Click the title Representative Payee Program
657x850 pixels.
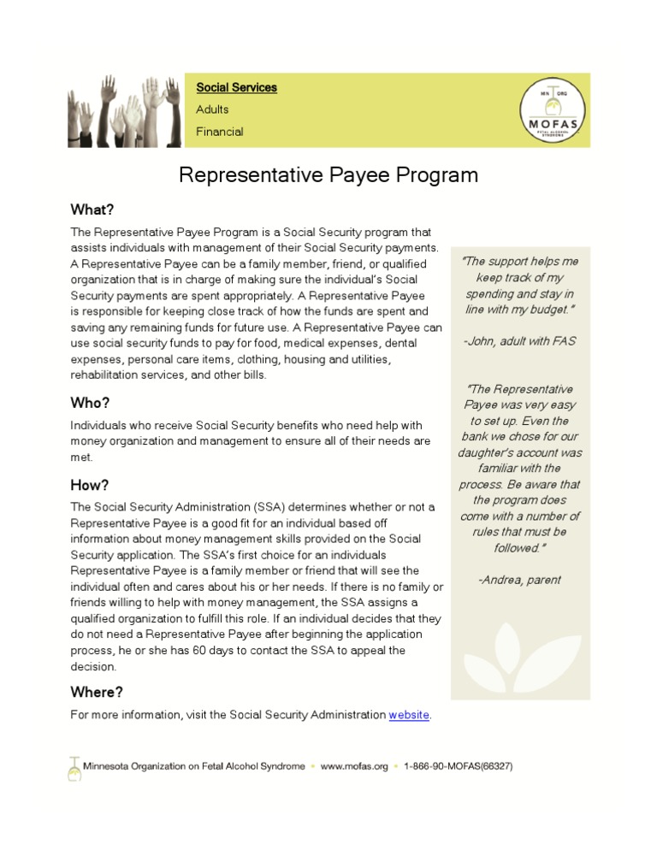tap(328, 175)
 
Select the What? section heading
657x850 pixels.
tap(92, 210)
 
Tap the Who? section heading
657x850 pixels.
tap(90, 403)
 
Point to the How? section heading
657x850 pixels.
tap(90, 486)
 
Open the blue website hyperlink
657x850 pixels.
tap(409, 715)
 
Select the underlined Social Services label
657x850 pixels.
tap(236, 87)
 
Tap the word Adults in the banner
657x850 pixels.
tap(212, 109)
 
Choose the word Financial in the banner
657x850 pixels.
tap(219, 132)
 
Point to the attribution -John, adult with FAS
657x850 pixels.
tap(519, 341)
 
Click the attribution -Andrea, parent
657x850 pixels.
tap(519, 580)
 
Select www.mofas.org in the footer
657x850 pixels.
tap(354, 766)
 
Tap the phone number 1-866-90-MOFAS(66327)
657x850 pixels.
tap(458, 766)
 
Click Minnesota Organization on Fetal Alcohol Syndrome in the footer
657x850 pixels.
tap(193, 766)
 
